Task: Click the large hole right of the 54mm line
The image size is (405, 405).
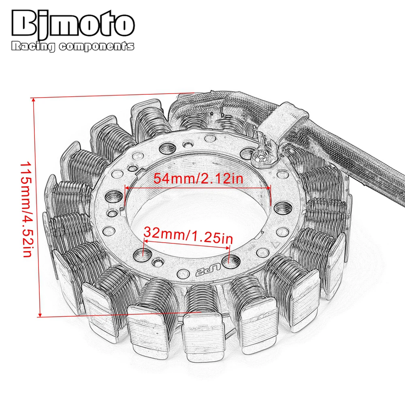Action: coord(280,208)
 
